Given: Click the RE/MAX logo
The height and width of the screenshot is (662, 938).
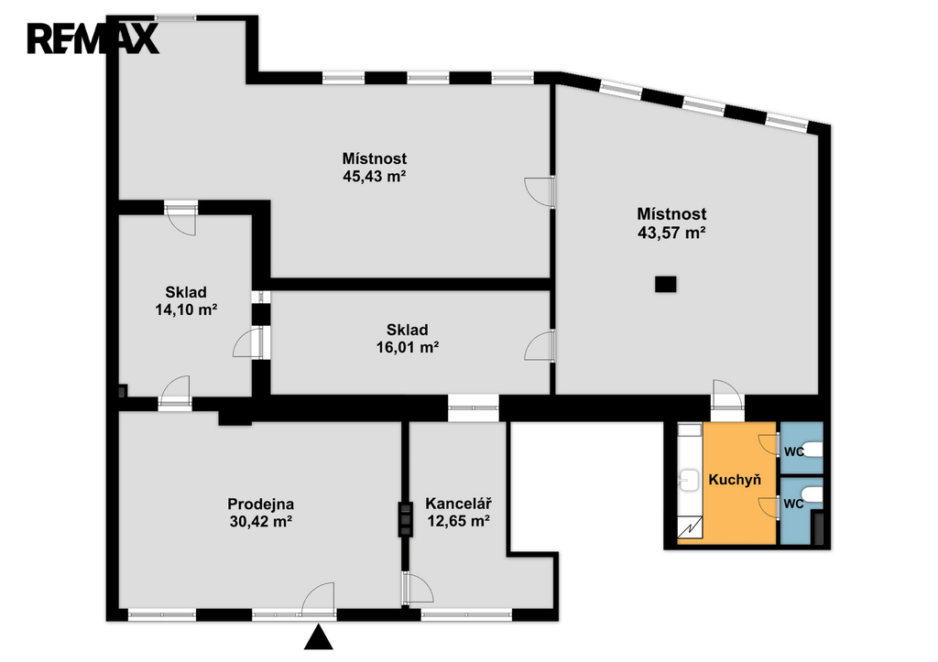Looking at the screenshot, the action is pyautogui.click(x=93, y=38).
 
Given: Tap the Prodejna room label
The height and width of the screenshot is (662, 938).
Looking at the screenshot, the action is pyautogui.click(x=261, y=505).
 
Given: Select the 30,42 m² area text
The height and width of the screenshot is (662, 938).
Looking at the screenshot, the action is pyautogui.click(x=261, y=522).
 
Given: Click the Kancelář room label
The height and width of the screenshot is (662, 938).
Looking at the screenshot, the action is pyautogui.click(x=459, y=504).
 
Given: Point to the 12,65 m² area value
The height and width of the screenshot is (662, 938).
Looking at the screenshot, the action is pyautogui.click(x=459, y=521).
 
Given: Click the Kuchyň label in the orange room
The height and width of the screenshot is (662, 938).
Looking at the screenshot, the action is pyautogui.click(x=735, y=480).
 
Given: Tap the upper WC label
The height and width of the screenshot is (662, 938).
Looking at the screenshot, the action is pyautogui.click(x=794, y=452).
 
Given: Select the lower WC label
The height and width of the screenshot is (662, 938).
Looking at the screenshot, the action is pyautogui.click(x=794, y=505).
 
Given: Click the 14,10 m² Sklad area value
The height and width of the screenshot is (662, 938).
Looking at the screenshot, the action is pyautogui.click(x=186, y=309).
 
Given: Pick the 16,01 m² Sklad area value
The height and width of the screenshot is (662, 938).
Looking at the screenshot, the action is pyautogui.click(x=408, y=347).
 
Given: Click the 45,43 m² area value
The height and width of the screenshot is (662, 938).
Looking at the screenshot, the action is pyautogui.click(x=375, y=176).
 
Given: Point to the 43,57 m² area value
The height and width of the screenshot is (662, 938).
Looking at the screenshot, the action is pyautogui.click(x=671, y=232).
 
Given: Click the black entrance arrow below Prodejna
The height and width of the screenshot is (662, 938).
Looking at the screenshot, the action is pyautogui.click(x=318, y=637).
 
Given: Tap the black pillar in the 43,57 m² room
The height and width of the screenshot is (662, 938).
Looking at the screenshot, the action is pyautogui.click(x=666, y=284).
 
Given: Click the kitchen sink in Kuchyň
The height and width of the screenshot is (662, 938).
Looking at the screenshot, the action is pyautogui.click(x=690, y=480).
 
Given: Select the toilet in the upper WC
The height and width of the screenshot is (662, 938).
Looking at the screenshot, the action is pyautogui.click(x=812, y=449).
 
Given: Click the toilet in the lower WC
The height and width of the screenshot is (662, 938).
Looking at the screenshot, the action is pyautogui.click(x=812, y=495).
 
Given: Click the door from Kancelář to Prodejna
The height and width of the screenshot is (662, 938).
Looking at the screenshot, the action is pyautogui.click(x=418, y=587).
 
